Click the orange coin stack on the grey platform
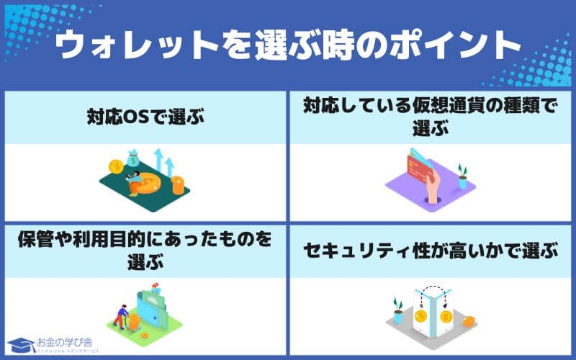coord(469,322)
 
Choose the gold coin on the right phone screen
coord(445,317)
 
